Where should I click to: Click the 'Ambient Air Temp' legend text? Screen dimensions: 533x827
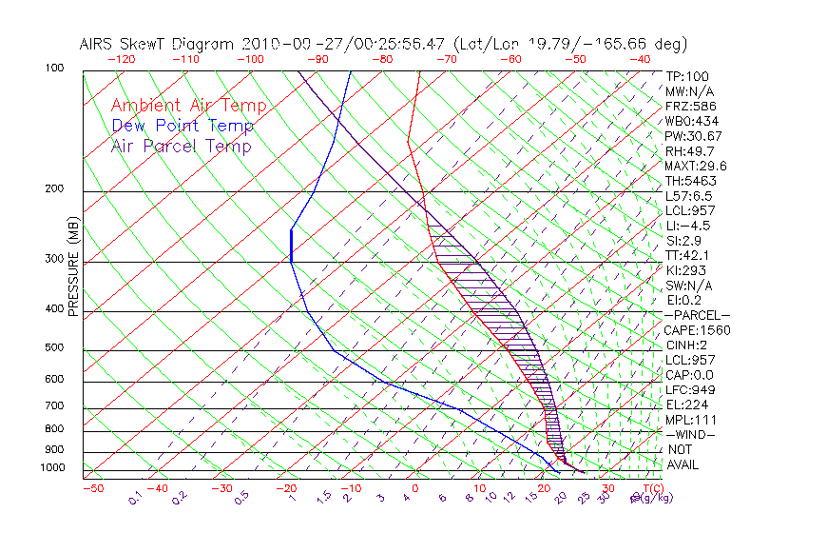[188, 106]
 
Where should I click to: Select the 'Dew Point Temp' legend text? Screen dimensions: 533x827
[183, 126]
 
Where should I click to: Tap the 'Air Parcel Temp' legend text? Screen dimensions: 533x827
[181, 146]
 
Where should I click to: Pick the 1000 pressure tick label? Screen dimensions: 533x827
[53, 467]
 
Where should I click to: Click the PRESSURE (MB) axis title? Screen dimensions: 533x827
[74, 269]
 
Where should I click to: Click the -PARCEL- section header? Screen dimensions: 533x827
[697, 315]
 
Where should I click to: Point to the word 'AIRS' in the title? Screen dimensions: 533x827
[98, 44]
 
